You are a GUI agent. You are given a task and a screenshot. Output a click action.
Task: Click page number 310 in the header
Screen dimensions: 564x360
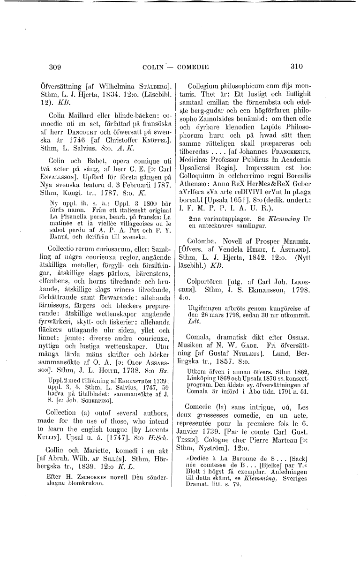[297, 67]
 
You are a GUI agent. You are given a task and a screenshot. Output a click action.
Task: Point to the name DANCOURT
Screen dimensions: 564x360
[71, 136]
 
